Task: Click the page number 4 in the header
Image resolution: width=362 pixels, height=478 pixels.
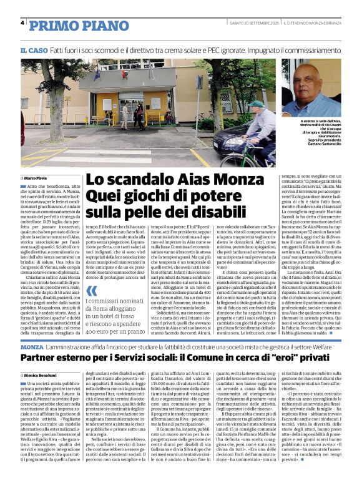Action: tap(22, 23)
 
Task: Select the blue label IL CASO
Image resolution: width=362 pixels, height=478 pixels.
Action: tap(34, 50)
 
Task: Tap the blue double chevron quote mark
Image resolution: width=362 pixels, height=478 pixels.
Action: tap(92, 290)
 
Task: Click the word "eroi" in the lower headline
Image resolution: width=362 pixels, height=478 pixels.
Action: tap(265, 358)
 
